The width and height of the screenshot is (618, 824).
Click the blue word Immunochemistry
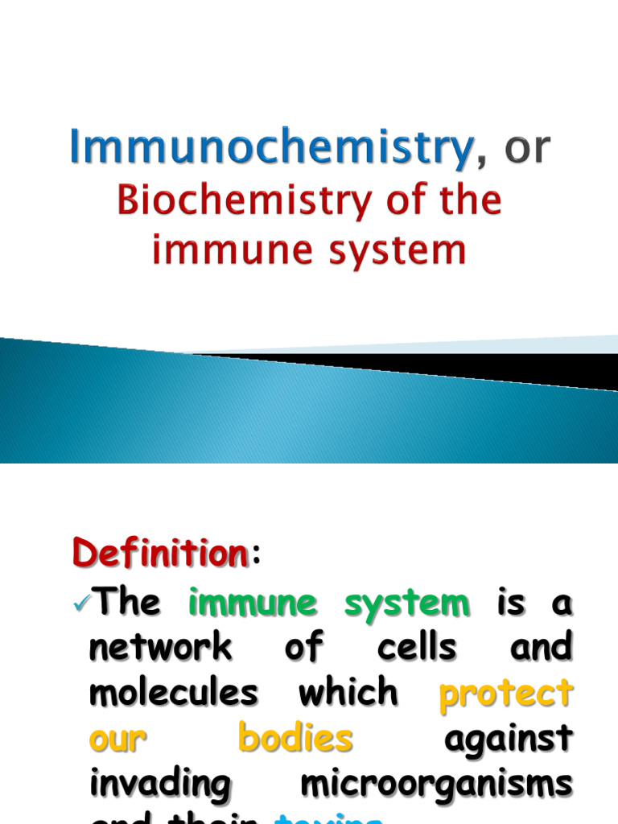coord(271,148)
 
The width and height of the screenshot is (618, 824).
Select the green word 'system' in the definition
coord(407,604)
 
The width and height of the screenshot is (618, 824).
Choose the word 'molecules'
coord(174,693)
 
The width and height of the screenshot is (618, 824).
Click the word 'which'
coord(348,693)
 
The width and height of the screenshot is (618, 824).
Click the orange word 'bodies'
coord(295,739)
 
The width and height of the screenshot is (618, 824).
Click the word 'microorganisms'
coord(436,785)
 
